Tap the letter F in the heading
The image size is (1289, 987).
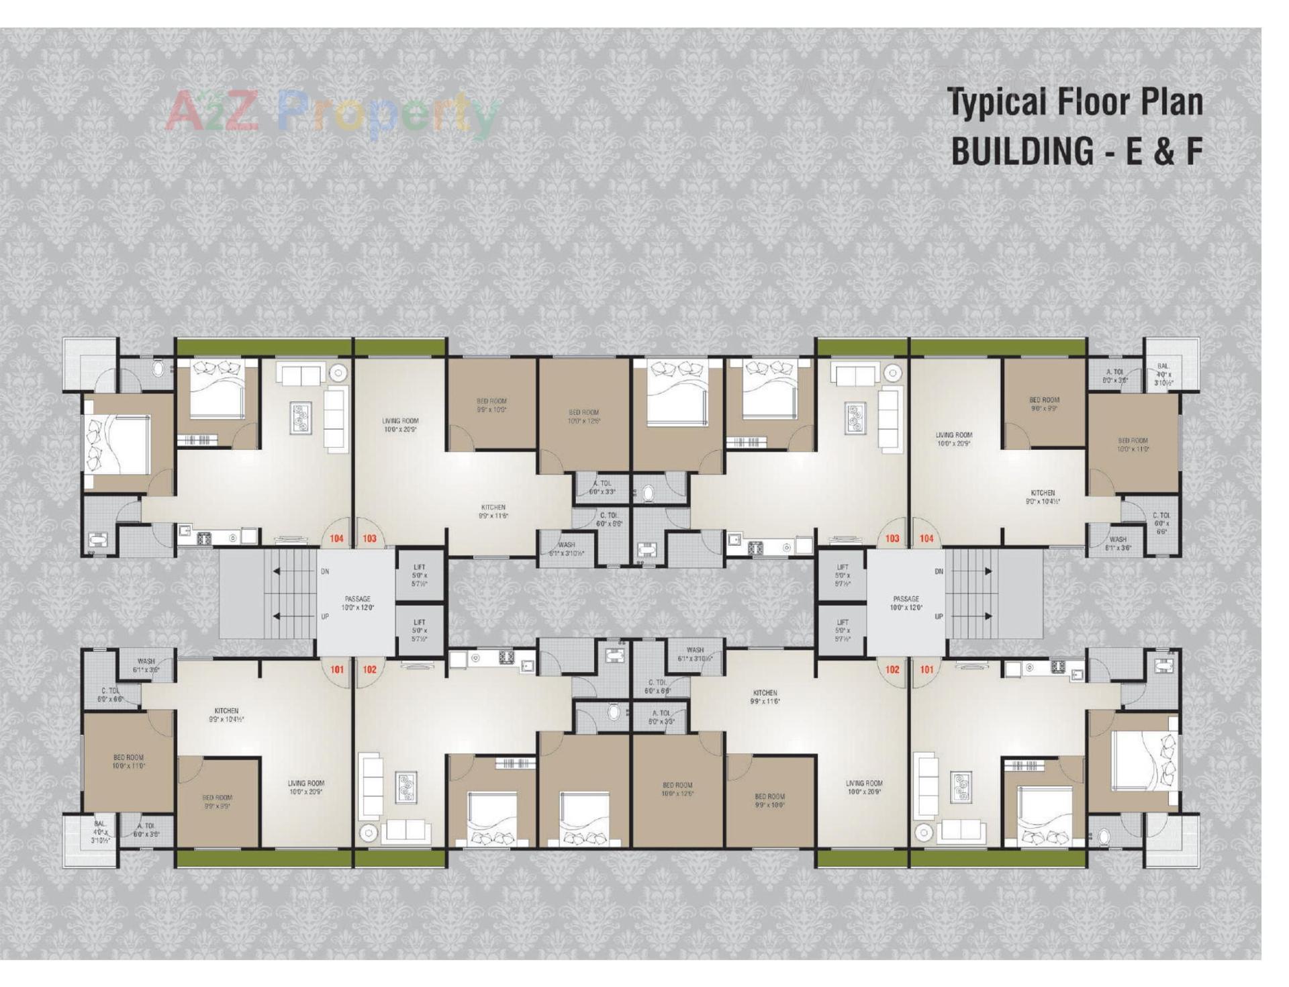click(1193, 152)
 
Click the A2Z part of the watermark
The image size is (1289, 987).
click(211, 112)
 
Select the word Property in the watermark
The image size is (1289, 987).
click(387, 114)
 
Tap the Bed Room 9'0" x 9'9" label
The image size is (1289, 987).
click(1044, 404)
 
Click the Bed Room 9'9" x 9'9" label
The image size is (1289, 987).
click(217, 802)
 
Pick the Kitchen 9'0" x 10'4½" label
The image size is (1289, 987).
click(1043, 497)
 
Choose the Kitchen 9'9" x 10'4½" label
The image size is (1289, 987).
click(226, 714)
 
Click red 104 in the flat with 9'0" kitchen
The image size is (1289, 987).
click(926, 538)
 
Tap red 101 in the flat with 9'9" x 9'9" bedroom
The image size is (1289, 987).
click(336, 669)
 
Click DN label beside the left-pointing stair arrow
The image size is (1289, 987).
click(325, 571)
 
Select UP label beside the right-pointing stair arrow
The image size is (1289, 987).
click(939, 616)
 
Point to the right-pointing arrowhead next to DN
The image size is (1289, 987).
click(988, 571)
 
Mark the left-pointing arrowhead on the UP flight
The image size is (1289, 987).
click(276, 616)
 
